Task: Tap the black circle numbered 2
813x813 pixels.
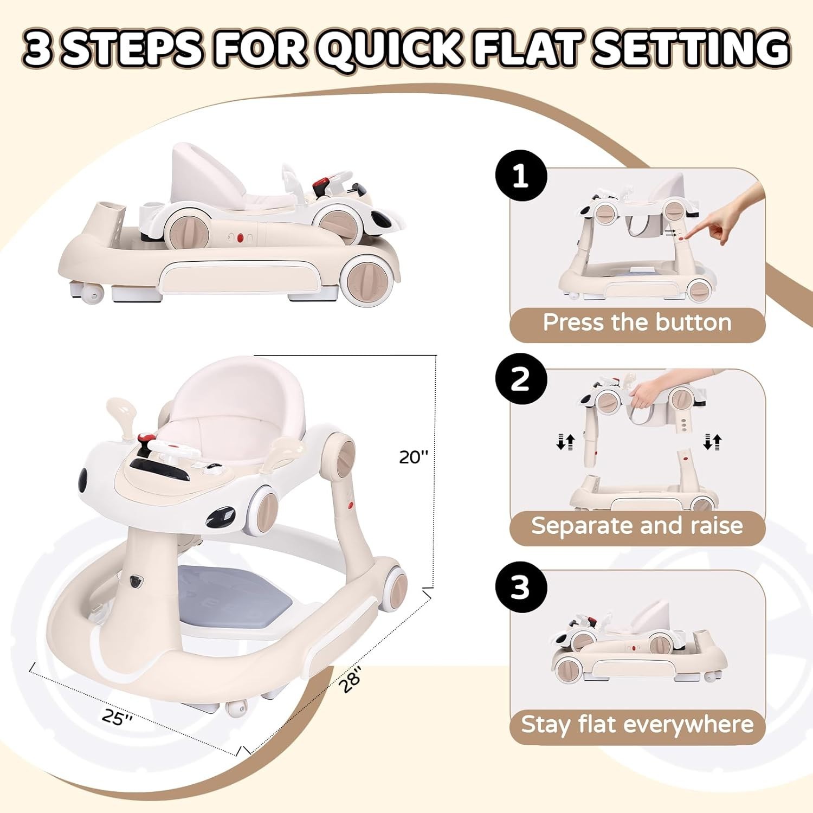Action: pyautogui.click(x=521, y=379)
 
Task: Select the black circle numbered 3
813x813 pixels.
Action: pyautogui.click(x=521, y=587)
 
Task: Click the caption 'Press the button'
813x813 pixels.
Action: pyautogui.click(x=637, y=322)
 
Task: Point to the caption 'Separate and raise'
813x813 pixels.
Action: pyautogui.click(x=637, y=526)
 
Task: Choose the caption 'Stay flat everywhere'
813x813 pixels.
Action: pyautogui.click(x=637, y=725)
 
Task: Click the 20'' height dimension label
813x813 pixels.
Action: pyautogui.click(x=414, y=457)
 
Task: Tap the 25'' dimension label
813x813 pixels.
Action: pyautogui.click(x=118, y=717)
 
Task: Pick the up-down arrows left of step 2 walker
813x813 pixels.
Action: pyautogui.click(x=565, y=442)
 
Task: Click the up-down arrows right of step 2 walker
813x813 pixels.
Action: pyautogui.click(x=712, y=442)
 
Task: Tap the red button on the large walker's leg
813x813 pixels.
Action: pyautogui.click(x=350, y=507)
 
